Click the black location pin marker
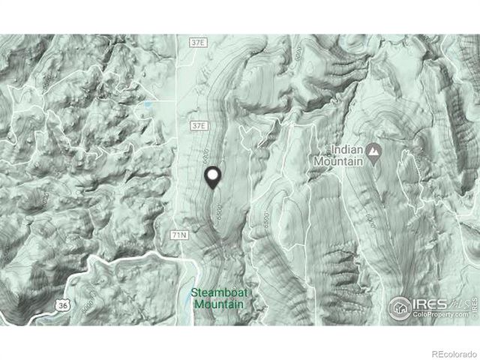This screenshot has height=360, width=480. pyautogui.click(x=213, y=178)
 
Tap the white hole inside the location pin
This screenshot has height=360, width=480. pyautogui.click(x=213, y=175)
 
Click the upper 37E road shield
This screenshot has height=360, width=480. pyautogui.click(x=197, y=43)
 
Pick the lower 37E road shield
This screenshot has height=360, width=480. pyautogui.click(x=197, y=125)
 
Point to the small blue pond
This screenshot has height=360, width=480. pyautogui.click(x=148, y=105)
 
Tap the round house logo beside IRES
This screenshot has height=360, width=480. pyautogui.click(x=400, y=307)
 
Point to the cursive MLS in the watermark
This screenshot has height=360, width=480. pyautogui.click(x=460, y=302)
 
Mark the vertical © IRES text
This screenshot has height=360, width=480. pyautogui.click(x=474, y=307)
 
